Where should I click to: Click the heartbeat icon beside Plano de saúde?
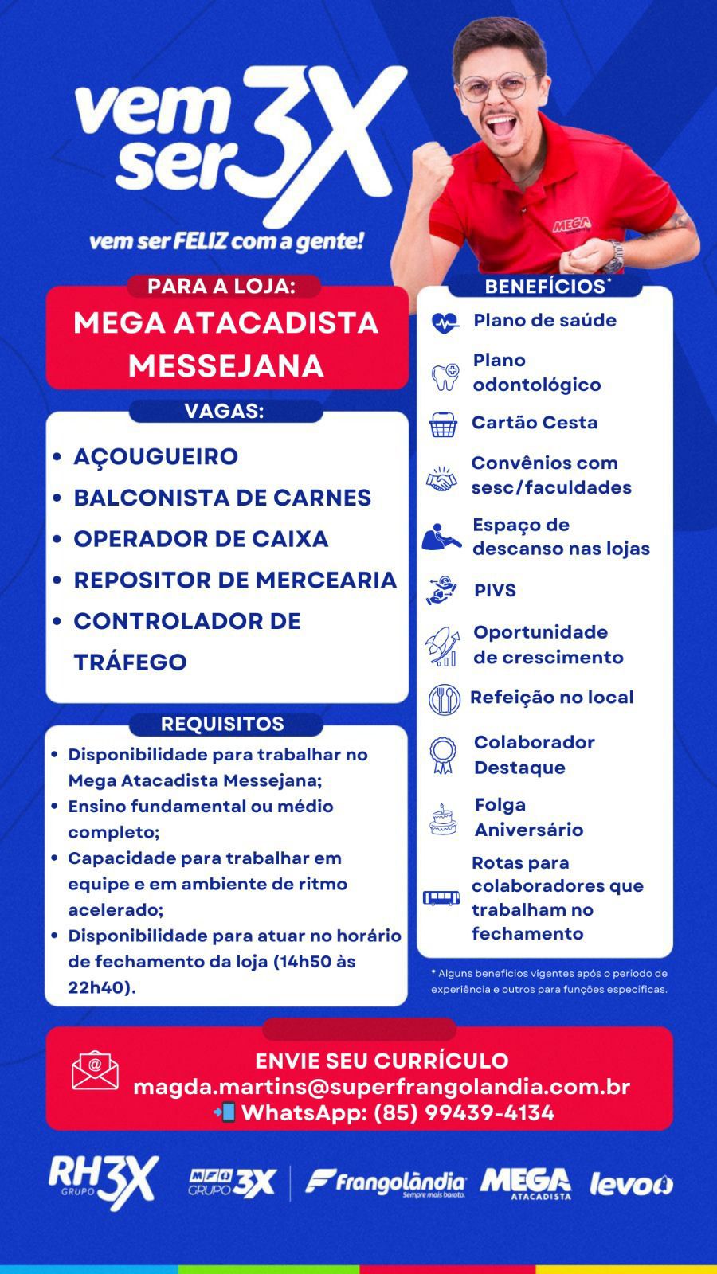tap(445, 322)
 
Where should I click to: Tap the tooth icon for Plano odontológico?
tap(445, 375)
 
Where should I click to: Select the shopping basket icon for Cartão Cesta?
tap(444, 425)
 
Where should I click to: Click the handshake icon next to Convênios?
tap(441, 479)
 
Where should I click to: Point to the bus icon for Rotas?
tap(441, 898)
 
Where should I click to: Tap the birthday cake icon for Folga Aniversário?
tap(443, 819)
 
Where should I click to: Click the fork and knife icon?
tap(445, 699)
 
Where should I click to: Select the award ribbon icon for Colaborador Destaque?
tap(443, 755)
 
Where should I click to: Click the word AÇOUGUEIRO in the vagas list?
tap(155, 457)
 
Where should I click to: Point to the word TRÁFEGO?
tap(130, 662)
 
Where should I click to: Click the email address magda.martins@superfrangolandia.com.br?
tap(382, 1087)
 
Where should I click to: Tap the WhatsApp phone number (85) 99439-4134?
tap(464, 1113)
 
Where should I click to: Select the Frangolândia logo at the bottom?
tap(386, 1183)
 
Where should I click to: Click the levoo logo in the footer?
tap(630, 1185)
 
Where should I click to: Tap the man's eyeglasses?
tap(498, 85)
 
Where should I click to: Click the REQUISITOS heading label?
tap(222, 724)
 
